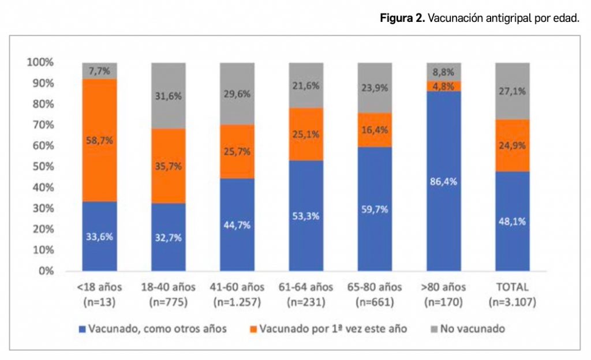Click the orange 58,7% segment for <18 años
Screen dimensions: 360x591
99,140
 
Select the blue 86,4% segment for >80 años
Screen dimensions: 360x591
443,181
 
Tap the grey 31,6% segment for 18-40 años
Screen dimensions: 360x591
168,96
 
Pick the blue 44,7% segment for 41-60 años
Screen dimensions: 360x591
237,224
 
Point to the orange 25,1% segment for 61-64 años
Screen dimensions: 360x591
305,134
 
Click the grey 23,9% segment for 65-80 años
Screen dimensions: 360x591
375,88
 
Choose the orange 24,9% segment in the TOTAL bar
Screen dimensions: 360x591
512,145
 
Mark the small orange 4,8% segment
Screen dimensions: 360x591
443,86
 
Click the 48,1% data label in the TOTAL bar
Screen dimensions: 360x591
512,220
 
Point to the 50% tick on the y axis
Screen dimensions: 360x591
41,167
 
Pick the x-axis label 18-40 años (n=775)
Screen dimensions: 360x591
168,294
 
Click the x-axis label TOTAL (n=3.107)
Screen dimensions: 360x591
512,294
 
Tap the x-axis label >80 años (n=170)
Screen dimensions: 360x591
443,294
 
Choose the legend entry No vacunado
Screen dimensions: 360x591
473,329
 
